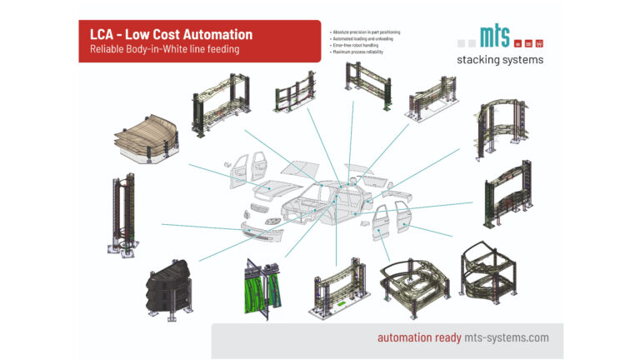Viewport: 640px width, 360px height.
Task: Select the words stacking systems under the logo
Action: click(499, 60)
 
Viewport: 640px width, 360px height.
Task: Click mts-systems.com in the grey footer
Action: click(507, 337)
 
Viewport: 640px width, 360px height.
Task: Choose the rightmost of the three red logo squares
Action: click(538, 42)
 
